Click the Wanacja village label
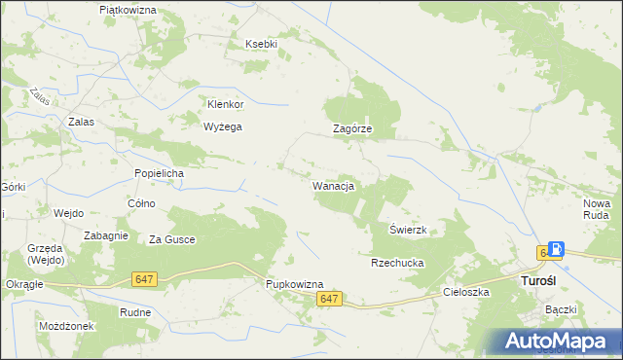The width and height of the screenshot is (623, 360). point(332,185)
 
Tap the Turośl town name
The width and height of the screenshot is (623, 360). point(532,281)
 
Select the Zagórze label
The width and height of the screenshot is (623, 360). point(352,129)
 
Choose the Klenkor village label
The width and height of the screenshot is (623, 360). point(225,104)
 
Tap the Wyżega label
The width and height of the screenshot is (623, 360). point(222,126)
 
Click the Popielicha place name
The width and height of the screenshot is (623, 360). point(159,173)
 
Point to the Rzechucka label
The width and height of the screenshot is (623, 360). point(394,263)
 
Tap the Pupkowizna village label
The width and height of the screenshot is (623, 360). point(294,284)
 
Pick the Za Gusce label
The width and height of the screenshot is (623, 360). point(171,239)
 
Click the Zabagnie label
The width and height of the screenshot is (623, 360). point(106,235)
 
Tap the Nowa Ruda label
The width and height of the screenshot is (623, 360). point(596,209)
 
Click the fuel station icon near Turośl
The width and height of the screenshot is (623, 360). point(556,250)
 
